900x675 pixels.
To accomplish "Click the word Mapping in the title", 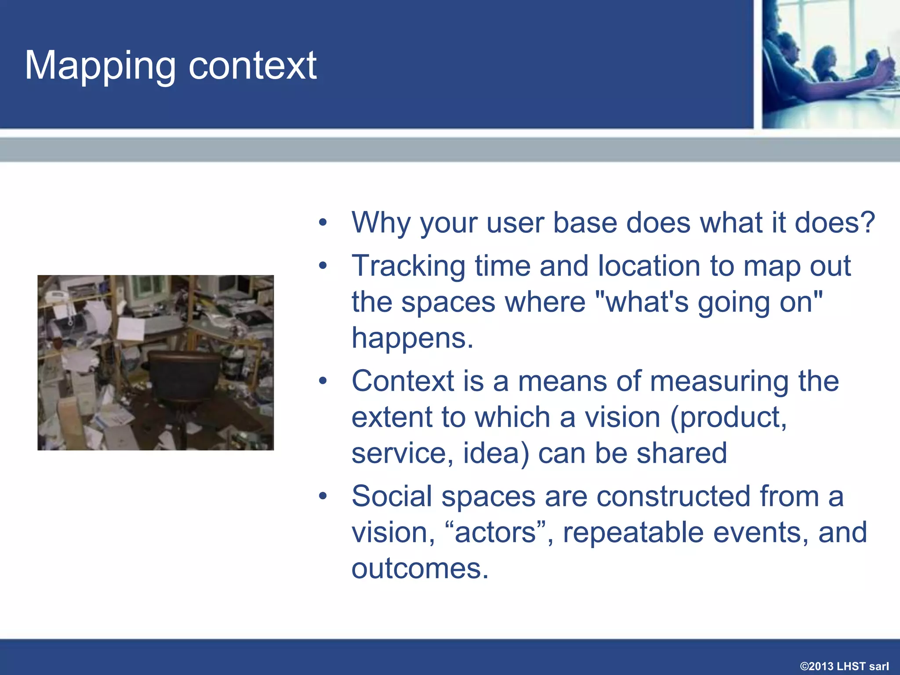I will tap(100, 66).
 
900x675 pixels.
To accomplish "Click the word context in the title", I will tap(252, 66).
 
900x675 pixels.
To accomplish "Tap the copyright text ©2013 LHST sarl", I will tap(844, 666).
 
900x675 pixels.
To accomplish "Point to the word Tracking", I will tap(408, 266).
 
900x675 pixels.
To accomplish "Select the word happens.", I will tap(412, 338).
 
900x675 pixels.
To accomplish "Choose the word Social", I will tap(392, 496).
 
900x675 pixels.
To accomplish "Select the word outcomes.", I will tap(420, 569).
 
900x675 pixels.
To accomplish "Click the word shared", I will tap(682, 453).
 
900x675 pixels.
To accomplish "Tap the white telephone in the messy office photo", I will tap(57, 296).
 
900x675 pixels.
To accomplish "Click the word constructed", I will tap(673, 496).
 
